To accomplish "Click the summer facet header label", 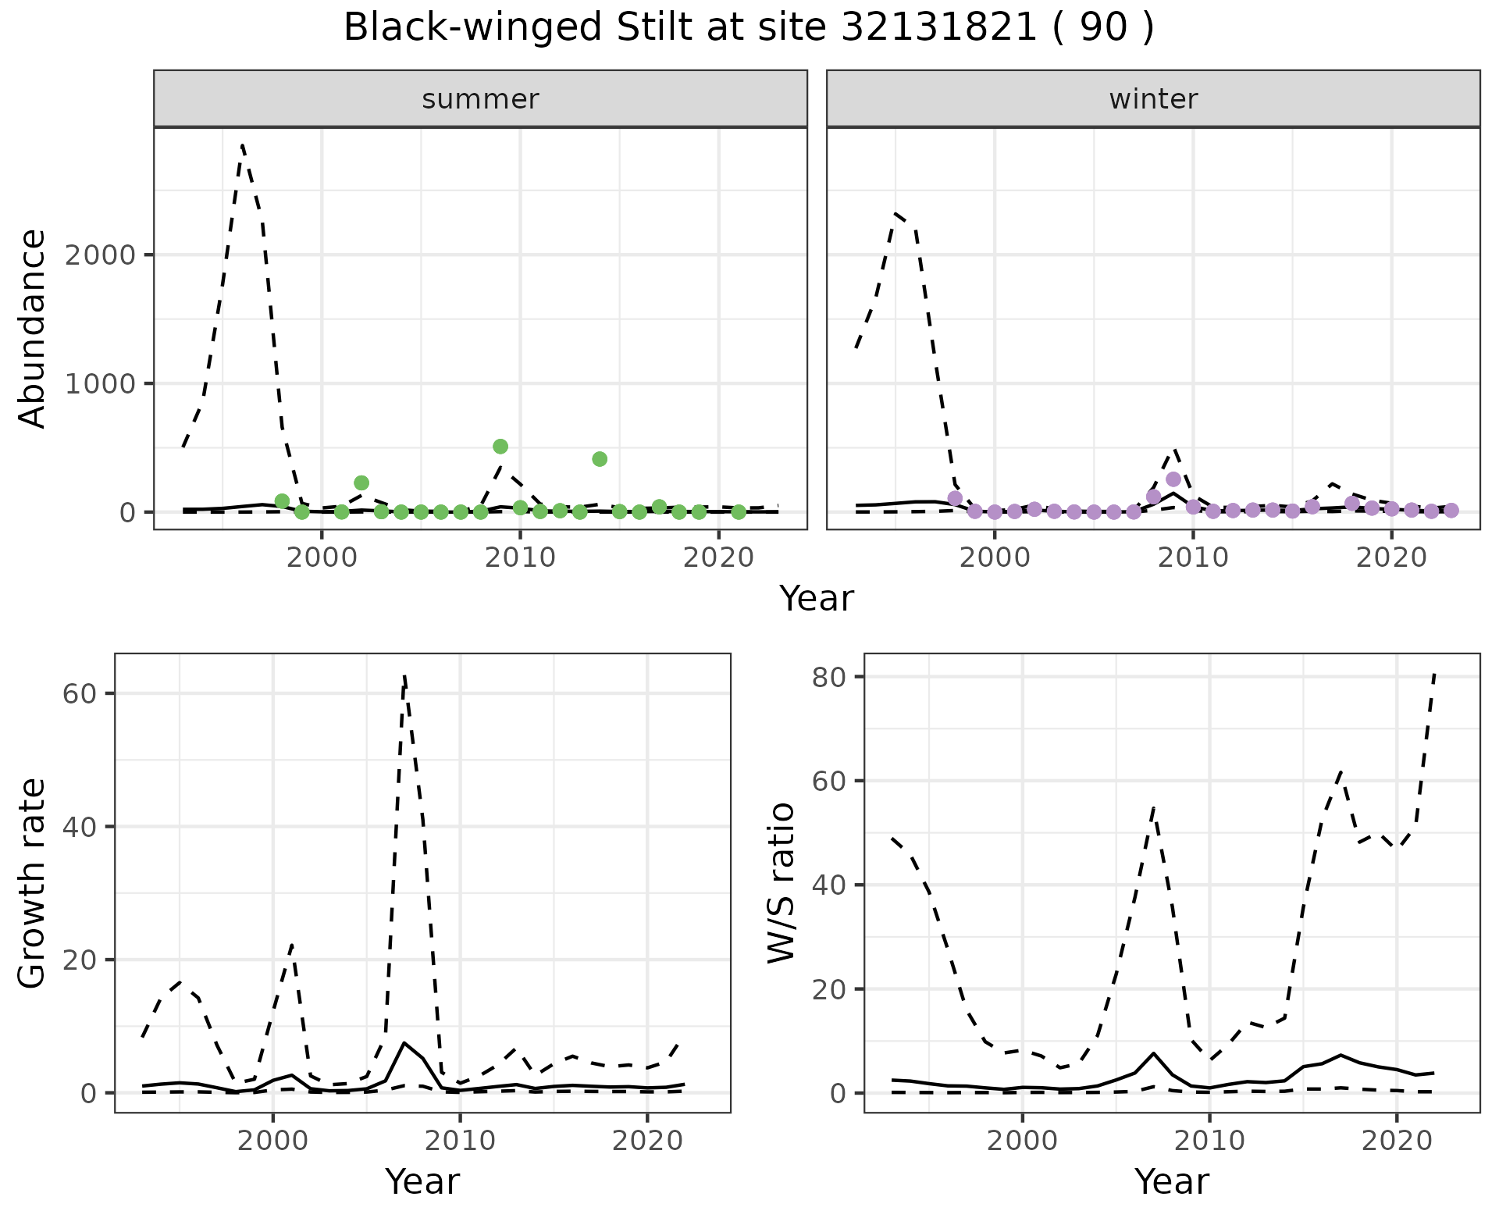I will (480, 99).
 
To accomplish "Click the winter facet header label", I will (1153, 99).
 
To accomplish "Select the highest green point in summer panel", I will (500, 447).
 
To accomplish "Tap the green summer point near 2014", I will (600, 459).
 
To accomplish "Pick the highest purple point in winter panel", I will (1173, 479).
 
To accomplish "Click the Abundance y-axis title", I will (33, 328).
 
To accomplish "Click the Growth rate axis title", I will (33, 883).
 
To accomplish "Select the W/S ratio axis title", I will (782, 883).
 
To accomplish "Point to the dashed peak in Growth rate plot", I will (404, 676).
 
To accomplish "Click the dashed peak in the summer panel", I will (243, 145).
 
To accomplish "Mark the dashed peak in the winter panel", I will (896, 212).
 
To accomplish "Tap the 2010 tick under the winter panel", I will (1192, 557).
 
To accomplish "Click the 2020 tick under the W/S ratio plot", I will (1397, 1141).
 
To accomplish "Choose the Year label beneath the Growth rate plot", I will (422, 1181).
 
